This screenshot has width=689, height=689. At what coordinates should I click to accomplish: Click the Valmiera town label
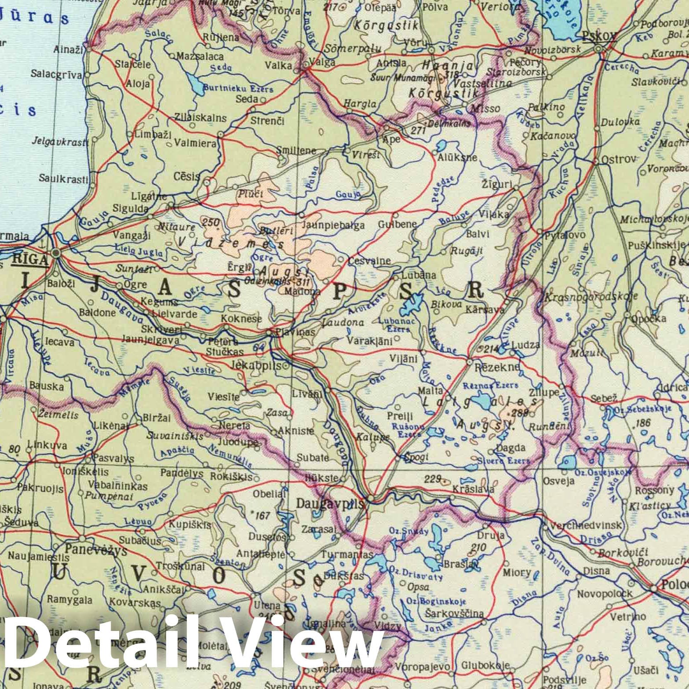[195, 143]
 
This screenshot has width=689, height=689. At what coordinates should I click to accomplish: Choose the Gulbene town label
[397, 224]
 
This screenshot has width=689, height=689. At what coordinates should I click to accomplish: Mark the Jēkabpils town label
[259, 365]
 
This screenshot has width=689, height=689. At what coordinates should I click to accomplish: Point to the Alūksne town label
[458, 158]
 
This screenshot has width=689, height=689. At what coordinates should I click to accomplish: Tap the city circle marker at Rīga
[56, 253]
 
